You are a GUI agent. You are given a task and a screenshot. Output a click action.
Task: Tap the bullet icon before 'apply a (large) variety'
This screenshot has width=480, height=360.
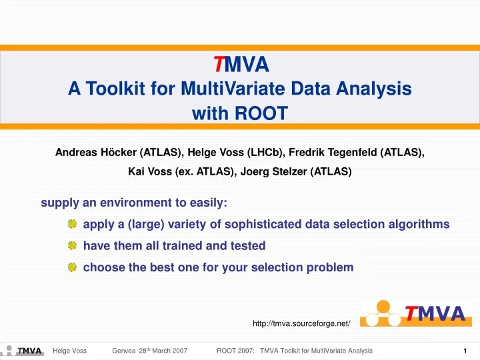pyautogui.click(x=72, y=225)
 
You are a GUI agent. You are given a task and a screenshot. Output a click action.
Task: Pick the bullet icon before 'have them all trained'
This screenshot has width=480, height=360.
pyautogui.click(x=72, y=246)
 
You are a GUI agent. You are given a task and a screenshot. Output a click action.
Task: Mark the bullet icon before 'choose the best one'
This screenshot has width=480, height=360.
pyautogui.click(x=72, y=267)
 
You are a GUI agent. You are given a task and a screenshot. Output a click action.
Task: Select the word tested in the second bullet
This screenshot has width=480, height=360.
pyautogui.click(x=247, y=245)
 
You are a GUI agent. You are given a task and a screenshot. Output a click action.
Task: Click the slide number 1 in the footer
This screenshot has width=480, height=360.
pyautogui.click(x=464, y=351)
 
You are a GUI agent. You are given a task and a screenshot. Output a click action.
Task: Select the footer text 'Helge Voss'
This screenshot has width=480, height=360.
pyautogui.click(x=69, y=351)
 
